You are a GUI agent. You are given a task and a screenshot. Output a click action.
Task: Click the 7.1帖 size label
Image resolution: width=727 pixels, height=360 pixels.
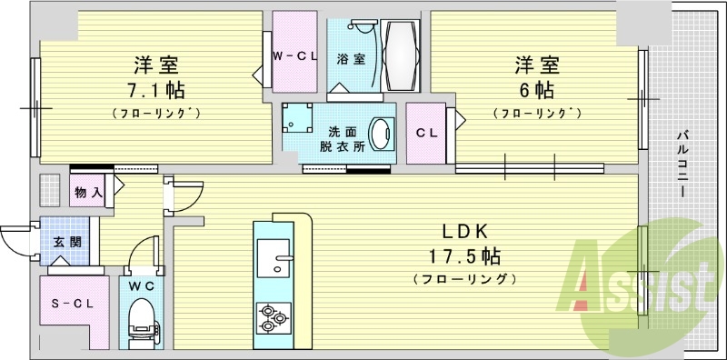[x=155, y=91]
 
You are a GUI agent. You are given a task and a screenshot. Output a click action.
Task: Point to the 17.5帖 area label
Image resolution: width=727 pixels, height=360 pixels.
[x=464, y=255]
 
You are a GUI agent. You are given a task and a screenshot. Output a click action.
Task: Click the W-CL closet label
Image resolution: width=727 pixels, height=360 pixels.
[x=294, y=56]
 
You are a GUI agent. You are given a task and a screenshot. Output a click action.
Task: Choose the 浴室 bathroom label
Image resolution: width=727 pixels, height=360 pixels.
[x=351, y=60]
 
